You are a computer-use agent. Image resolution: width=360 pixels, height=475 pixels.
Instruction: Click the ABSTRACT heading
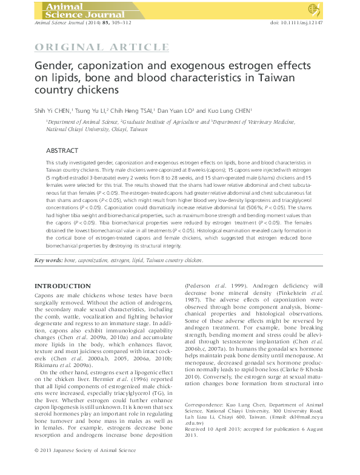(x=62, y=150)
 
